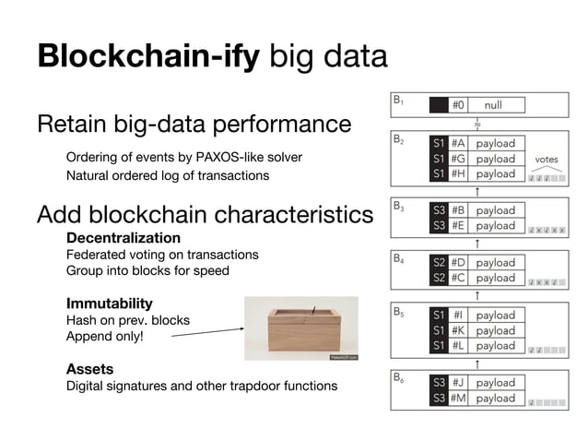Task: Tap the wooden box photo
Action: (300, 328)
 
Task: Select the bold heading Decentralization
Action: (123, 238)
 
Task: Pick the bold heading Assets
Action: (89, 369)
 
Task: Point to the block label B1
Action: (399, 100)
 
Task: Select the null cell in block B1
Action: (505, 105)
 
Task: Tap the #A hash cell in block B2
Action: (458, 144)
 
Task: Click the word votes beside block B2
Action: (547, 160)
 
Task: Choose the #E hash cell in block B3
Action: (458, 225)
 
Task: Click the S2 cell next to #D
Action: (439, 262)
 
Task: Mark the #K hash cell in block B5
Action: (458, 330)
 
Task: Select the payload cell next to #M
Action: (496, 399)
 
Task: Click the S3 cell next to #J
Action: (439, 383)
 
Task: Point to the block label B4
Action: (399, 259)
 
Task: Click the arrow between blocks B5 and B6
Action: (476, 363)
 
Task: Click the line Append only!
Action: (104, 337)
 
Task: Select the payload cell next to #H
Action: (496, 173)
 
